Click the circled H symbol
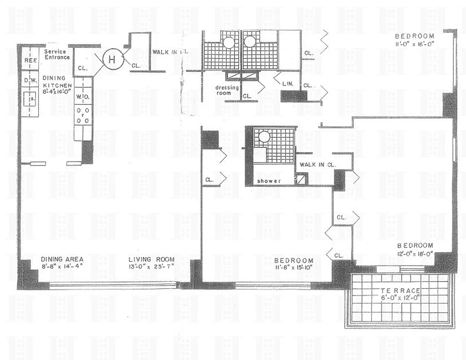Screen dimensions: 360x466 pos(112,58)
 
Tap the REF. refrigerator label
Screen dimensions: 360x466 pos(30,60)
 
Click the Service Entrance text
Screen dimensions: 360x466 pos(57,54)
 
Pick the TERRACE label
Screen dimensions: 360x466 pos(399,291)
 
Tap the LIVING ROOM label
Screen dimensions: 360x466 pos(151,260)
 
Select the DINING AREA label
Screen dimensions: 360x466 pos(62,259)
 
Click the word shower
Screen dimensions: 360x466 pos(269,181)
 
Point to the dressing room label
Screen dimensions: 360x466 pos(226,90)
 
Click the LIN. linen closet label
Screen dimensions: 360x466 pos(288,84)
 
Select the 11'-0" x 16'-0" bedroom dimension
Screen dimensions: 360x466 pos(414,44)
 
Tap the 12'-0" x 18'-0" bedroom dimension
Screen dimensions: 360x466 pos(415,253)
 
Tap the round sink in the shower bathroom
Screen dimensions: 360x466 pos(264,136)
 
